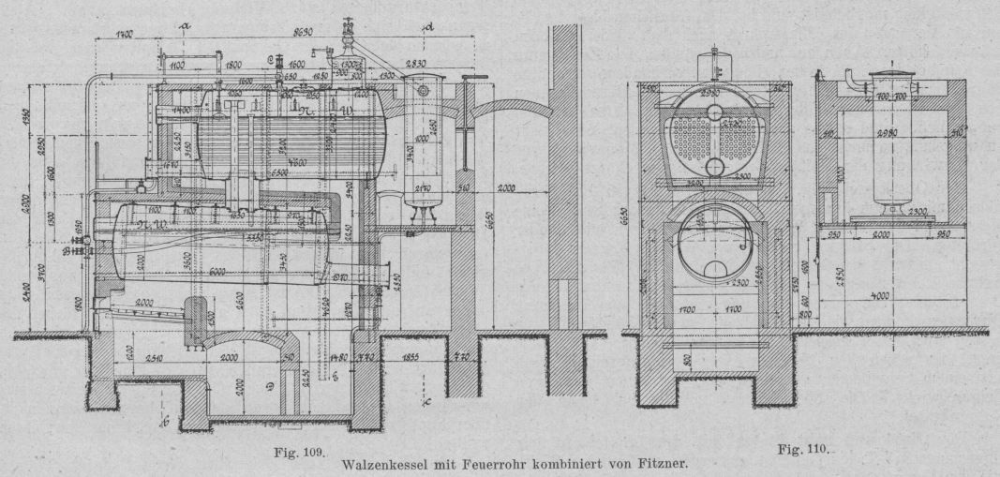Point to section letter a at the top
(x=183, y=28)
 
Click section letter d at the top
(x=428, y=28)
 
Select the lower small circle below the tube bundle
(x=715, y=167)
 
